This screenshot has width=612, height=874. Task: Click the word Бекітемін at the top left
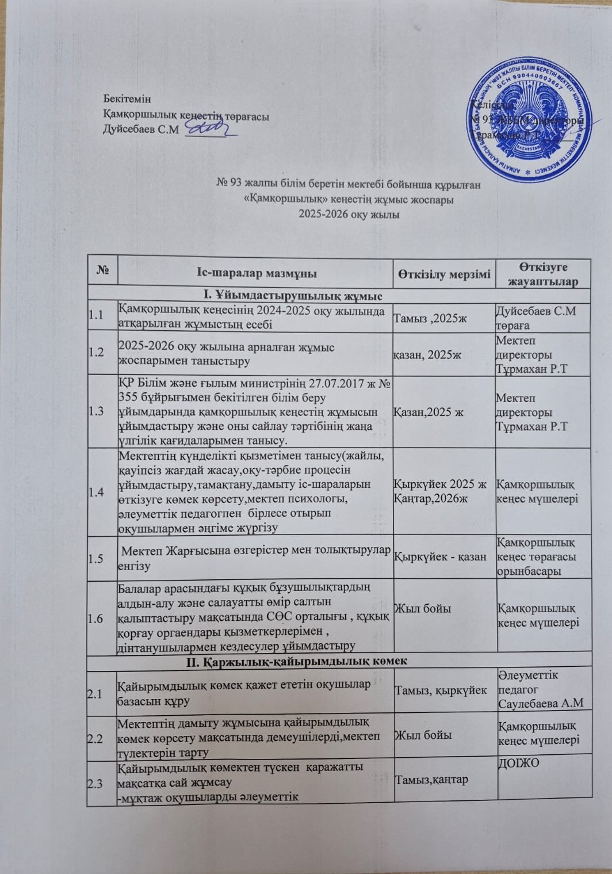pyautogui.click(x=127, y=98)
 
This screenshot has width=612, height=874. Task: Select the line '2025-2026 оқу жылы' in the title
pyautogui.click(x=349, y=215)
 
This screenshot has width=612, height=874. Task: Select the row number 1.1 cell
pyautogui.click(x=96, y=315)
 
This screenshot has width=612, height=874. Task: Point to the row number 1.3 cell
pyautogui.click(x=96, y=411)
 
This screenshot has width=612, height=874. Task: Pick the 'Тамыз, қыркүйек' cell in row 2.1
pyautogui.click(x=440, y=690)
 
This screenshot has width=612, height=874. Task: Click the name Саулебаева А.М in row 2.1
pyautogui.click(x=541, y=703)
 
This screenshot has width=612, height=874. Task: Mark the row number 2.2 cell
pyautogui.click(x=96, y=738)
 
